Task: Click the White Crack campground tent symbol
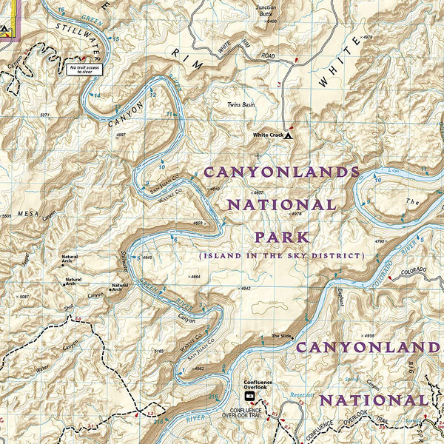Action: click(289, 135)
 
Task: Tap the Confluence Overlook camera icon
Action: click(249, 396)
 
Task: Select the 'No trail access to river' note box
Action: click(83, 70)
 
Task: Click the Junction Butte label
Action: click(265, 10)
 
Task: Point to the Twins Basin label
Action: click(242, 106)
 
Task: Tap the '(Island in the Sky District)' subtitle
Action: click(281, 255)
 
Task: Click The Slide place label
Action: click(281, 336)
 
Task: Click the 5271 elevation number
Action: click(45, 115)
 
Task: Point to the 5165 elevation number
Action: click(158, 351)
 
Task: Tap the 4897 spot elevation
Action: click(121, 135)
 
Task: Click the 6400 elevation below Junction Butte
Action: click(271, 21)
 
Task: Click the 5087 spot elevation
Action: click(24, 297)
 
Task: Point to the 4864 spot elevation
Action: click(195, 276)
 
